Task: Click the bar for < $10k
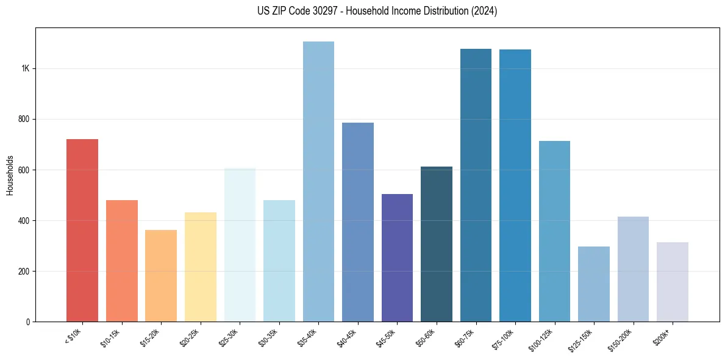[82, 230]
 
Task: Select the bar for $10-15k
[121, 261]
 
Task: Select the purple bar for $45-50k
[397, 257]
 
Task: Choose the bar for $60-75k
[476, 185]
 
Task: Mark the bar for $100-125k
[554, 231]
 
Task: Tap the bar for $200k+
[673, 282]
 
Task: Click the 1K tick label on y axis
[25, 68]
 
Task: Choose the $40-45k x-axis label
[346, 338]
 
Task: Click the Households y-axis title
[10, 175]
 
